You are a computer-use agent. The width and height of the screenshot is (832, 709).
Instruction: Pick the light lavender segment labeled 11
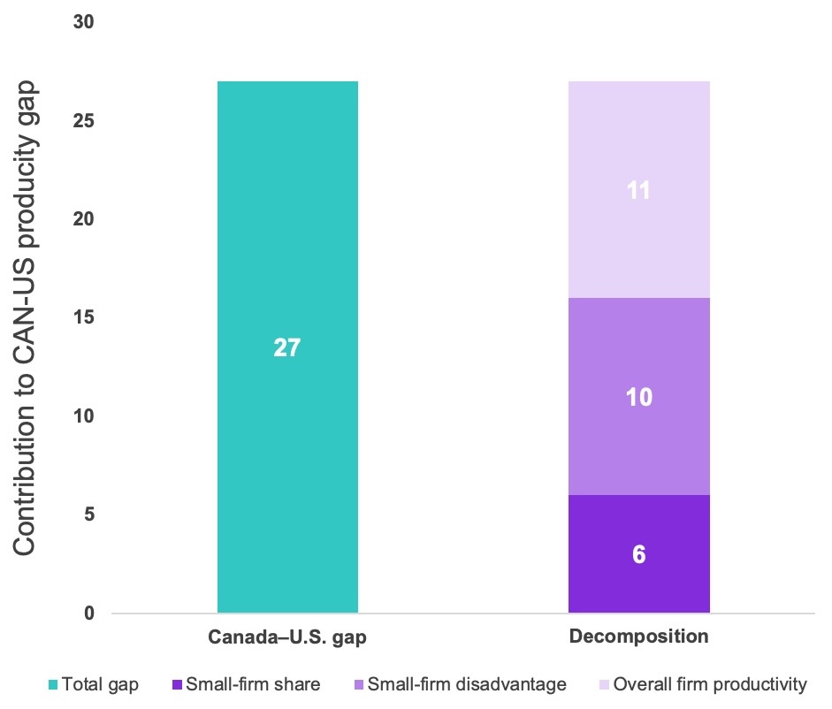(x=638, y=248)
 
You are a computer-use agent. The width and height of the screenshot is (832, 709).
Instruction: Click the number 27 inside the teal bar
(x=287, y=347)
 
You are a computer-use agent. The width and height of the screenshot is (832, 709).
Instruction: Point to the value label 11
(x=638, y=190)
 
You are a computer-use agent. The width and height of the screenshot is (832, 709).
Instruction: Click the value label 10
(x=638, y=397)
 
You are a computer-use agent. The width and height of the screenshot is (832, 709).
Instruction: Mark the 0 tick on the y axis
(x=89, y=613)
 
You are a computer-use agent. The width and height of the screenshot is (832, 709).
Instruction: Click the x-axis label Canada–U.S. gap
(x=287, y=637)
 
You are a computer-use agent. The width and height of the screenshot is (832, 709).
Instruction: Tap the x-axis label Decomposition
(x=638, y=637)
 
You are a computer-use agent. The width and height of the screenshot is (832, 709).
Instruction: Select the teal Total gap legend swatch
(x=53, y=684)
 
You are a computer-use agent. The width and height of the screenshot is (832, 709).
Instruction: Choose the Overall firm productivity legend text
(x=710, y=684)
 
